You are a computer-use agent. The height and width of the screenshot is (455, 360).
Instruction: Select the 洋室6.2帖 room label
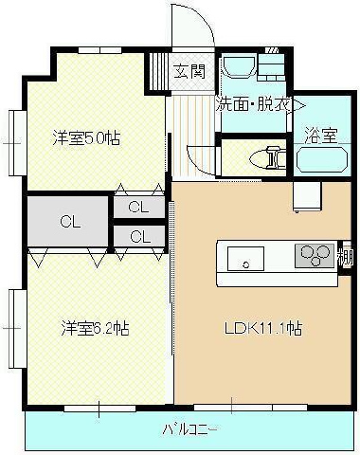click(x=95, y=328)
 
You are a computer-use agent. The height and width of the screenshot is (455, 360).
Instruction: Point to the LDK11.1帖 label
click(x=263, y=328)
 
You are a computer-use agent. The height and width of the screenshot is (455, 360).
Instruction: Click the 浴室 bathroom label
click(x=321, y=136)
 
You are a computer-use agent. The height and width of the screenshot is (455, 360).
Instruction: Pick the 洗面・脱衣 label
click(x=254, y=104)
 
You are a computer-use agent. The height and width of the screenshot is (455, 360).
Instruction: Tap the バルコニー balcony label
click(x=190, y=429)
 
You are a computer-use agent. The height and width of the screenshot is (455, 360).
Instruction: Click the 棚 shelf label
click(x=345, y=259)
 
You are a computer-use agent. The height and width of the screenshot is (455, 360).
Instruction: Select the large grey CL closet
click(x=67, y=221)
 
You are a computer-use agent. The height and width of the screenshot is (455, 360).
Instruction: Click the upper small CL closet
click(x=139, y=208)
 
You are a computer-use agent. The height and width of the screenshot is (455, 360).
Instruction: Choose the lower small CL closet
click(x=139, y=236)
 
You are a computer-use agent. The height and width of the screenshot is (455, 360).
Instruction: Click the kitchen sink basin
click(x=246, y=259)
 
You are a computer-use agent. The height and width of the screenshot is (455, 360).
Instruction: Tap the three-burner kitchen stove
click(x=315, y=256)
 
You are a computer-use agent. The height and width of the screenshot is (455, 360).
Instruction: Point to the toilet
click(x=267, y=157)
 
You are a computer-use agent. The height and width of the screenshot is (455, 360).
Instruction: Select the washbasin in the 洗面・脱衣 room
click(x=240, y=65)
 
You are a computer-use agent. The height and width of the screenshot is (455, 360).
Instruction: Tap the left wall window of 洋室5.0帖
click(x=17, y=143)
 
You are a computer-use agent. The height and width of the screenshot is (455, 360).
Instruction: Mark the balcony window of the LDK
click(x=250, y=408)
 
